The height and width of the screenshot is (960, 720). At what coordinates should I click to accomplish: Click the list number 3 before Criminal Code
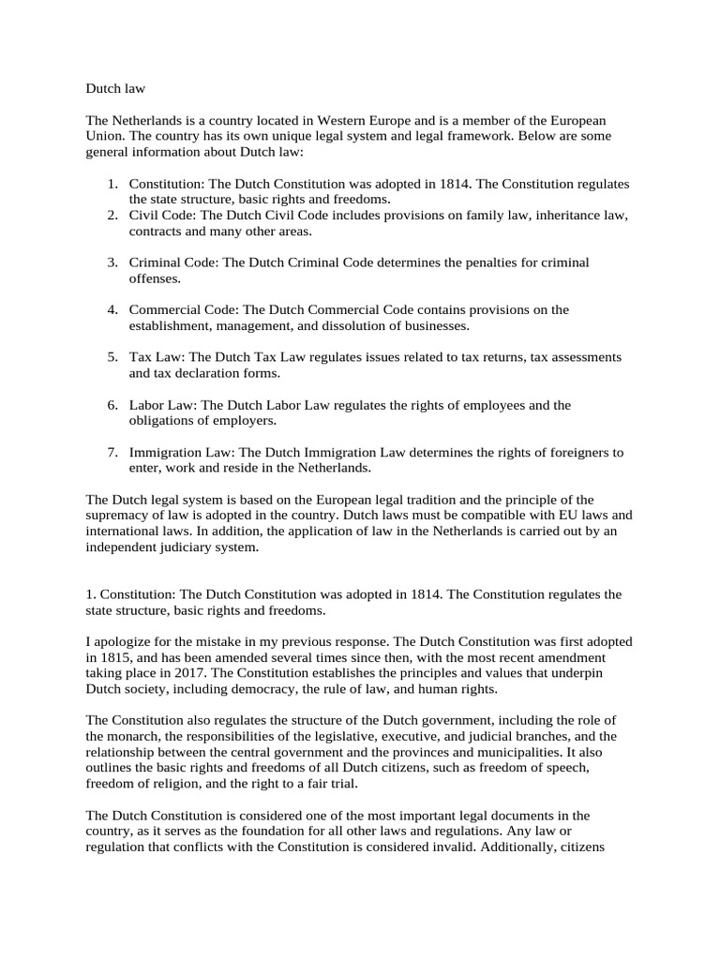pyautogui.click(x=111, y=262)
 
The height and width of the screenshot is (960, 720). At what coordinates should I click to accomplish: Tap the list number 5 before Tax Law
pyautogui.click(x=111, y=357)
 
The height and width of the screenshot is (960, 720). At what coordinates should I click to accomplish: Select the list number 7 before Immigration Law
pyautogui.click(x=111, y=452)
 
